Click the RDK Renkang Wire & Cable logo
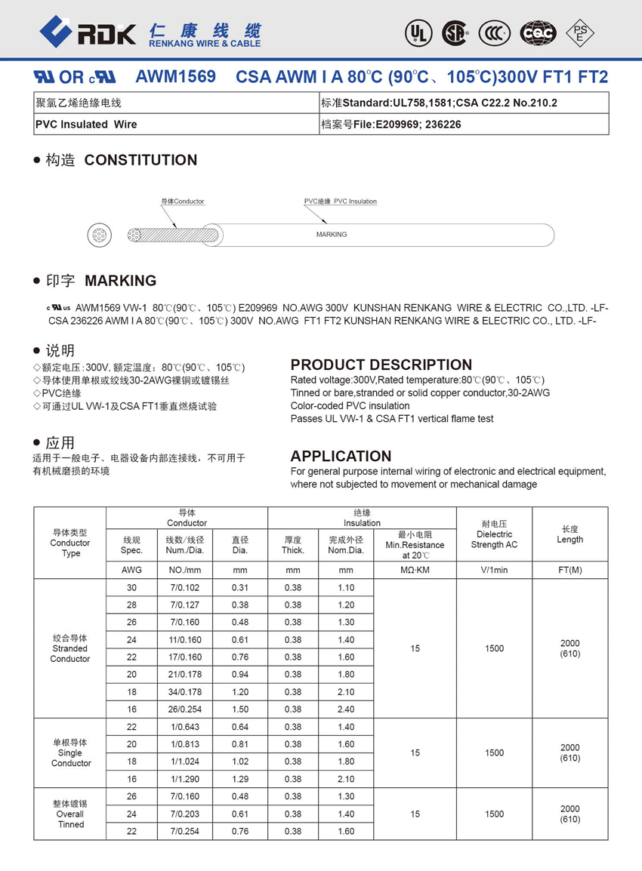point(150,33)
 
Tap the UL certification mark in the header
point(417,32)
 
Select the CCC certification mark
point(494,32)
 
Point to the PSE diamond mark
point(580,32)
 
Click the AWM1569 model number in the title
point(175,77)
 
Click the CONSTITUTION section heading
point(140,160)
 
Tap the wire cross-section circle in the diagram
point(99,235)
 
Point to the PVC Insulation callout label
point(341,202)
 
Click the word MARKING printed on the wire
point(332,235)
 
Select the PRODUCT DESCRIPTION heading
point(381,365)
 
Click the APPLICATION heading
point(341,456)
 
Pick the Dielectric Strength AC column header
point(494,534)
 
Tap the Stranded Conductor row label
point(69,648)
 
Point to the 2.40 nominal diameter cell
point(346,709)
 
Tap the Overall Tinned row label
point(70,814)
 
